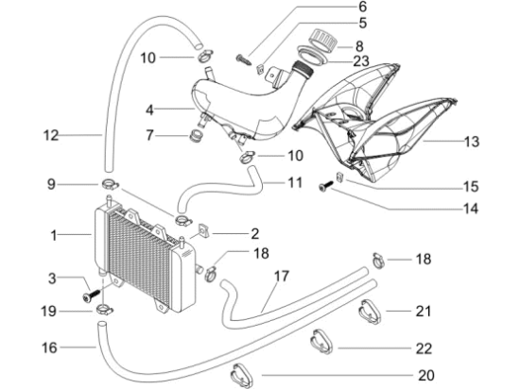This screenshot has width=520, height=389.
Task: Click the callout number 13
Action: coord(472,142)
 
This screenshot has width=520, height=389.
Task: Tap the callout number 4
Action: coord(150,110)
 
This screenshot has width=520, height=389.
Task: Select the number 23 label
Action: coord(361,61)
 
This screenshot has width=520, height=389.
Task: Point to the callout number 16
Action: coord(49,347)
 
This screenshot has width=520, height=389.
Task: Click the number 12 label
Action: coord(51,135)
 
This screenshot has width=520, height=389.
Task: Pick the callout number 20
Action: coord(426,375)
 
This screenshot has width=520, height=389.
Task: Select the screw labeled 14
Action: coord(325,186)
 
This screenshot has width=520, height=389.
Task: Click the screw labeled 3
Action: coord(91,296)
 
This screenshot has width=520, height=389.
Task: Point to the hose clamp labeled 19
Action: coord(104,311)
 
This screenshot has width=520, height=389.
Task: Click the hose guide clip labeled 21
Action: coord(370,312)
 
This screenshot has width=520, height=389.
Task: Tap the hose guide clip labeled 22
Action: coord(321,342)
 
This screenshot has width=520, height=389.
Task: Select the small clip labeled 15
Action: coord(339,177)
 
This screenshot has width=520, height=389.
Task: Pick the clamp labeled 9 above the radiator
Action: coord(110,184)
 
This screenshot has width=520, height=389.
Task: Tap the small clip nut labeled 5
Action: coord(260,69)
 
